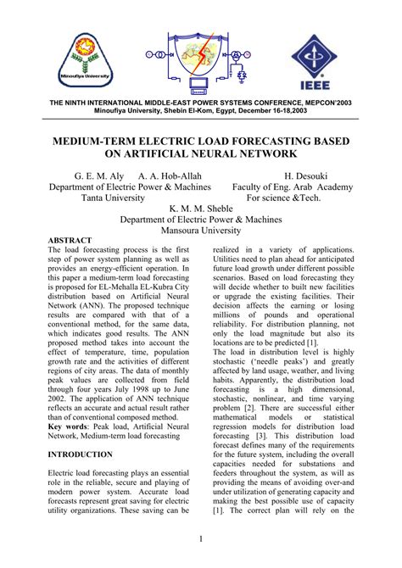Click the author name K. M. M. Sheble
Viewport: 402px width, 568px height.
click(x=201, y=205)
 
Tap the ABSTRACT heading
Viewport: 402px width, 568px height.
click(x=70, y=242)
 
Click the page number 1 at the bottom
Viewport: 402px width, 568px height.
click(x=200, y=539)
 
